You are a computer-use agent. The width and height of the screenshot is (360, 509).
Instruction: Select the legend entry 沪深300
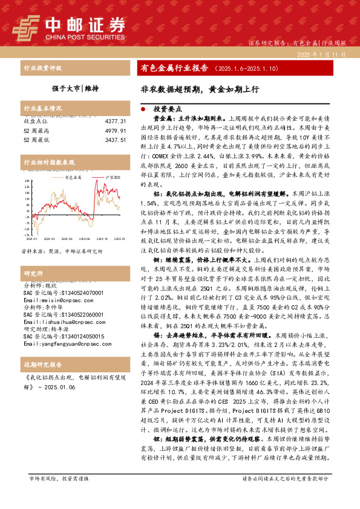tap(111, 178)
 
